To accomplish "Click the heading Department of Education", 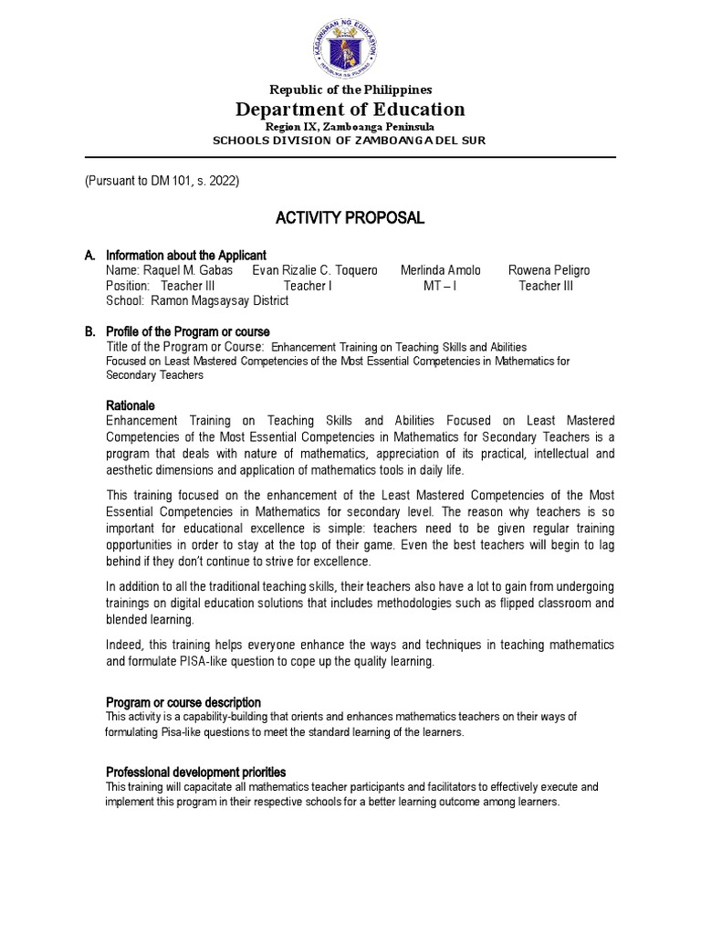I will (350, 110).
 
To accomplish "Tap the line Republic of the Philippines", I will (350, 89).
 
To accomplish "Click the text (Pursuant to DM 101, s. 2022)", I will (162, 181).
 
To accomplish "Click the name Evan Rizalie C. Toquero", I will (315, 270).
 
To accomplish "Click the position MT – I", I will (440, 286).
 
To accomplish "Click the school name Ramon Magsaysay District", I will (219, 300).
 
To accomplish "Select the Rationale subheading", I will (131, 404).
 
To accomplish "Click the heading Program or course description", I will (183, 702).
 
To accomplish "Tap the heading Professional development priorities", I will (195, 772).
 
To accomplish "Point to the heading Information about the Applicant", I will (186, 255).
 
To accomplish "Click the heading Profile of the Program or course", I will (187, 331).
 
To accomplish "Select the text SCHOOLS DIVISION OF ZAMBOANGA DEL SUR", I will (350, 140).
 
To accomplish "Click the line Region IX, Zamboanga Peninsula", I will (350, 126).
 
